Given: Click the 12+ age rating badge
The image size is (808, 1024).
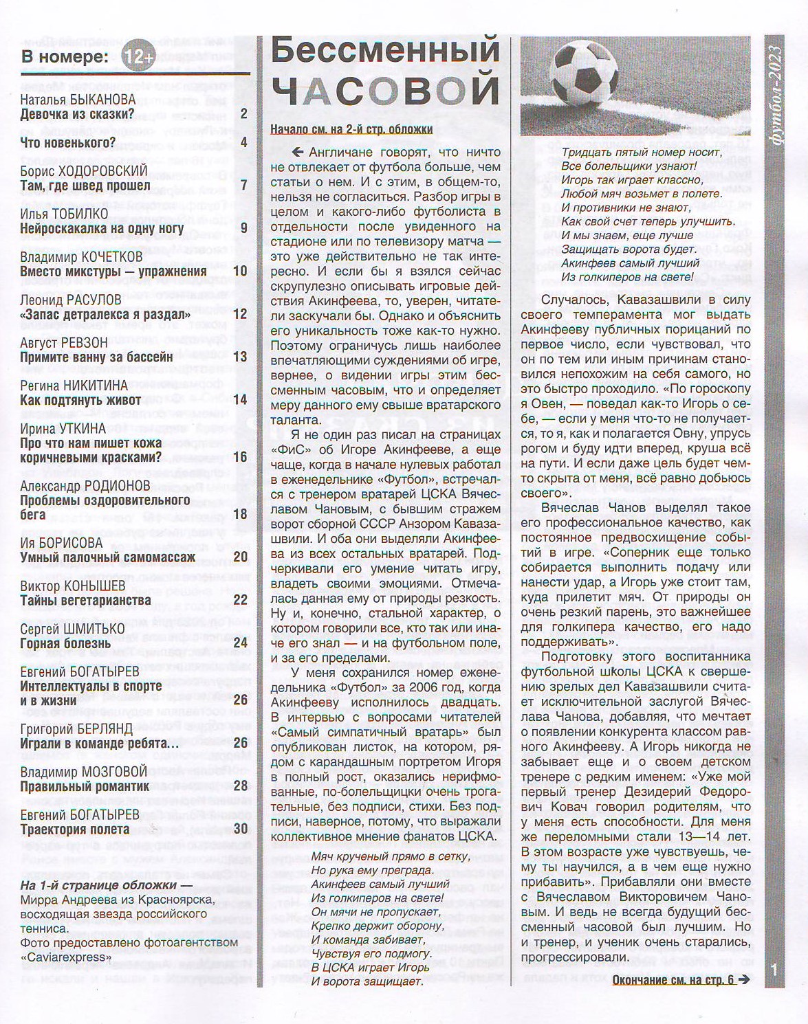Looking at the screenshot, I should (138, 58).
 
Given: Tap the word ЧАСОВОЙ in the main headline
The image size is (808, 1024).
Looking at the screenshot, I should (385, 89).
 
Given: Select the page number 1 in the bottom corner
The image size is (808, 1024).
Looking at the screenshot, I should (774, 970).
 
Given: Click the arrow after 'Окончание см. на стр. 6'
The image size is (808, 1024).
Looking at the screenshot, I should (743, 980).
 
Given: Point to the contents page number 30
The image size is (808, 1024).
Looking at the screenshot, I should (240, 829).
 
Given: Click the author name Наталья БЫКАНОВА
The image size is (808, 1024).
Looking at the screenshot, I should (78, 99).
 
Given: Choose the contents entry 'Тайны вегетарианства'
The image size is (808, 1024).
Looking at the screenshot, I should (85, 600).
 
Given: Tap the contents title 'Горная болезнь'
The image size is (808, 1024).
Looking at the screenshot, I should (65, 643).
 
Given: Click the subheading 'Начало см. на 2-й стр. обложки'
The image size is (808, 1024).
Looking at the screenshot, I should (351, 129).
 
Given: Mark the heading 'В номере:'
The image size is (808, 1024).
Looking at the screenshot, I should (65, 56).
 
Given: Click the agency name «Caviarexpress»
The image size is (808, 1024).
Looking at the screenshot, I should (66, 957).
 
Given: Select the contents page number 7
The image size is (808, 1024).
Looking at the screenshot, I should (243, 186).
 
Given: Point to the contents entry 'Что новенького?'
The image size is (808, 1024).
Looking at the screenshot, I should (67, 143).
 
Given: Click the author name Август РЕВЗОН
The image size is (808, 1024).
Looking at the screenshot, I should (64, 342).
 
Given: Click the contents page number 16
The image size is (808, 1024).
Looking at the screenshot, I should (239, 457).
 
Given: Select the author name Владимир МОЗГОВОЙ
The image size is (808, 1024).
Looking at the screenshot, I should (84, 772).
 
